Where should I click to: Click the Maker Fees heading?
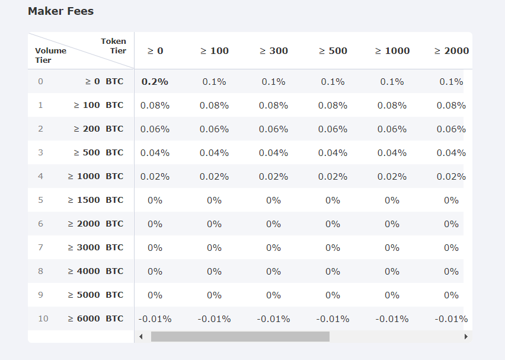coord(60,11)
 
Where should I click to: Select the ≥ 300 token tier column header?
coord(273,51)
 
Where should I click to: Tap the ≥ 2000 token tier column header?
coord(452,51)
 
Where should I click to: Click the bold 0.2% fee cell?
coord(155,82)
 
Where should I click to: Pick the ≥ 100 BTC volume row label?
coord(98,105)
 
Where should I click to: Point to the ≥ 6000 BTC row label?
coord(95,318)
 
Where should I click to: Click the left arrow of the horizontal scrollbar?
coord(141,336)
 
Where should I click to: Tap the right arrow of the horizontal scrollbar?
coord(466,336)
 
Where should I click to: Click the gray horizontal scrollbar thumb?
coord(240,336)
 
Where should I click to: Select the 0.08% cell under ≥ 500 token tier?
coord(333,106)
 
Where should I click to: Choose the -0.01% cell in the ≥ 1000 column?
coord(392,319)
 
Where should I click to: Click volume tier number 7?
coord(40,247)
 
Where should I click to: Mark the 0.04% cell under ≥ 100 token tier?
coord(214,153)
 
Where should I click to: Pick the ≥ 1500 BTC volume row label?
coord(95,200)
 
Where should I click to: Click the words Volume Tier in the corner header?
coord(50,55)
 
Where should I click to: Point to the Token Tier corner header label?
coord(114,46)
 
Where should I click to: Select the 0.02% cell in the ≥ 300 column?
coord(273,177)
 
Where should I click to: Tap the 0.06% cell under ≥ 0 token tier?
coord(155,129)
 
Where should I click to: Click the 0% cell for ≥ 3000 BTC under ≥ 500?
coord(333,248)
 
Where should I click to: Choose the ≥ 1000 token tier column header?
coord(392,51)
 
